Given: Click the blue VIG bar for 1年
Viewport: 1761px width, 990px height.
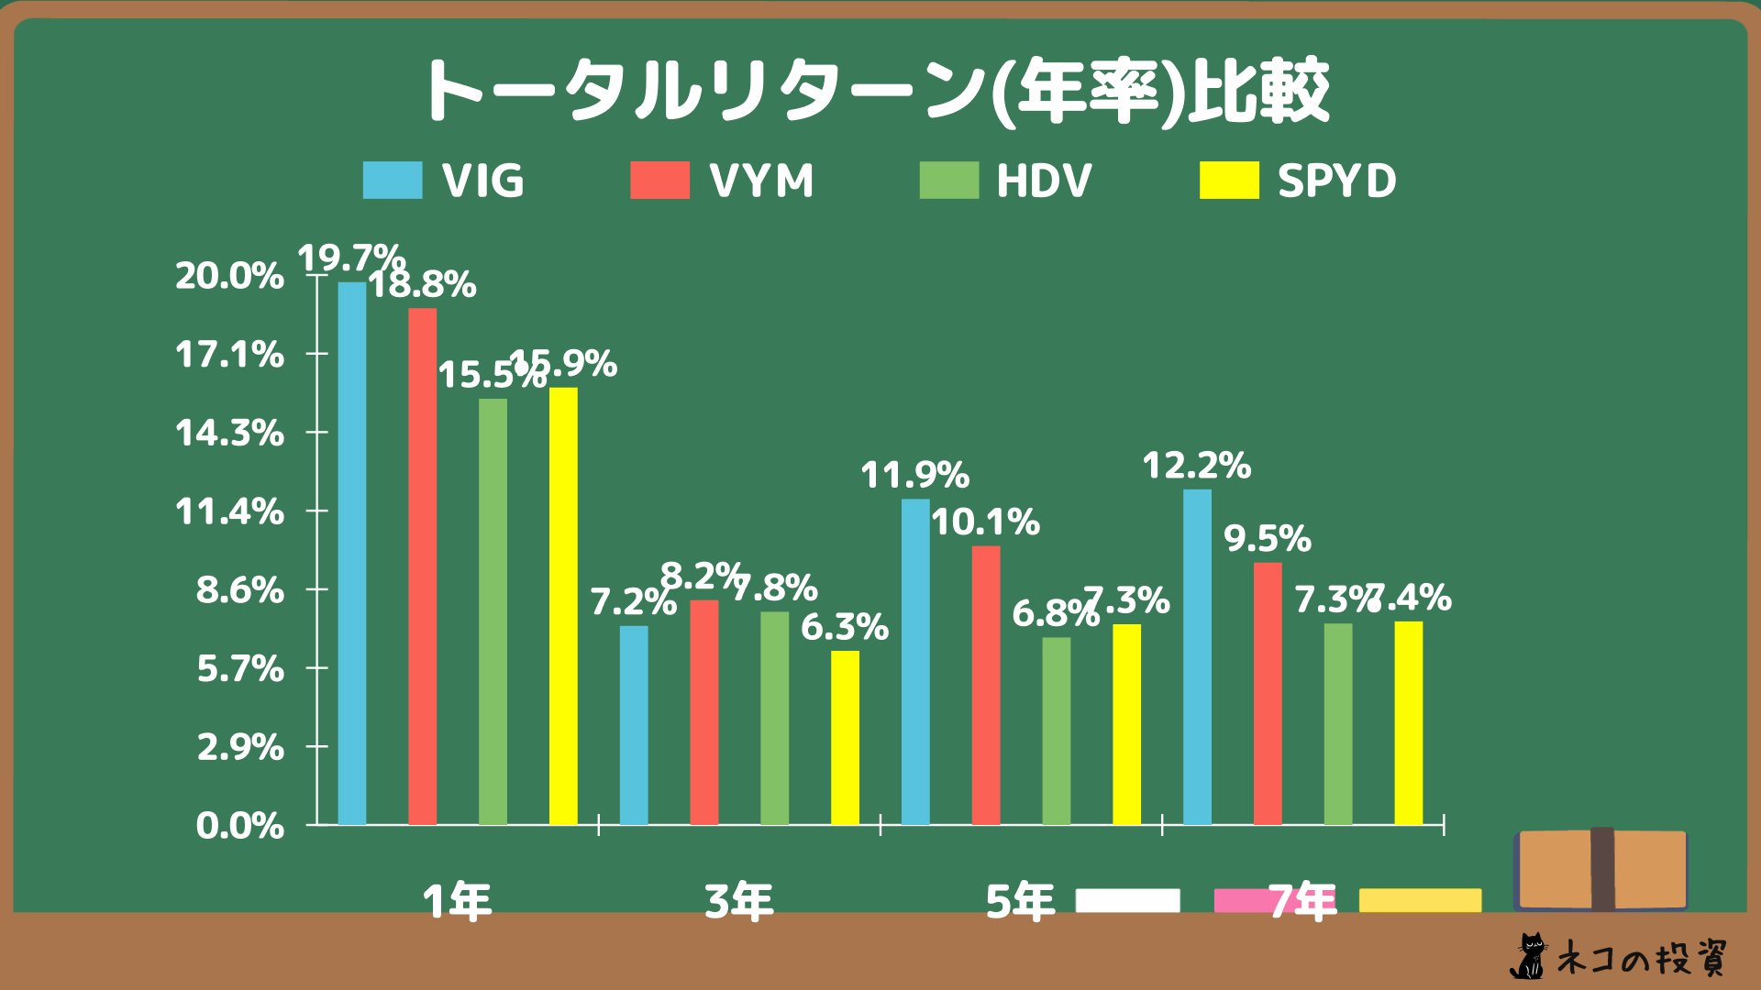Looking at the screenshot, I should tap(352, 554).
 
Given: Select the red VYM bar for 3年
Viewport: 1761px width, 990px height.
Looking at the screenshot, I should tap(704, 712).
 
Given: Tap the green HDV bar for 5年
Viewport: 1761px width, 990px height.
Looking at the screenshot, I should tap(1057, 731).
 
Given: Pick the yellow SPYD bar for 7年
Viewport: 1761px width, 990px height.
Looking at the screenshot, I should tap(1409, 723).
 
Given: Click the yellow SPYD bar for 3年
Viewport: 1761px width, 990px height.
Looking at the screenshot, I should tap(845, 737).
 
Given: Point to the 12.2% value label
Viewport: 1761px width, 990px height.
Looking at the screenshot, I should tap(1197, 467).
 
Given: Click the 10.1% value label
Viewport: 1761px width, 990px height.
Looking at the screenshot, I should tap(986, 522).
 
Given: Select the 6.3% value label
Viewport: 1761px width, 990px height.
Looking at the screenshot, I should tap(845, 628).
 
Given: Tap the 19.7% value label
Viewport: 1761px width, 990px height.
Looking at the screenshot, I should tap(351, 258).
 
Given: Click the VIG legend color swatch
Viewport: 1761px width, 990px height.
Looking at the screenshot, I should tap(393, 181).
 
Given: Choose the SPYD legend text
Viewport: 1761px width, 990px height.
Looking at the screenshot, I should tap(1336, 181).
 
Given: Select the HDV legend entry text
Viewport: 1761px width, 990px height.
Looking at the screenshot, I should tap(1044, 181).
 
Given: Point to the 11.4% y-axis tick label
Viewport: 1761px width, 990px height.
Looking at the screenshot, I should tap(229, 511).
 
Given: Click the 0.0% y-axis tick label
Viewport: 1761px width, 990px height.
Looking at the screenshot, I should tap(239, 826).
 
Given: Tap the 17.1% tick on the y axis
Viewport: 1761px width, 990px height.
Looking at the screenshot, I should tap(229, 354).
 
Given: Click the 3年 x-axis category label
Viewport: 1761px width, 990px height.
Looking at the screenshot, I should tap(739, 902).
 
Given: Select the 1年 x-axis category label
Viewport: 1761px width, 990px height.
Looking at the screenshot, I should tap(458, 902).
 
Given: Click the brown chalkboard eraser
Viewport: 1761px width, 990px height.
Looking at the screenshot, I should tap(1601, 869).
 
